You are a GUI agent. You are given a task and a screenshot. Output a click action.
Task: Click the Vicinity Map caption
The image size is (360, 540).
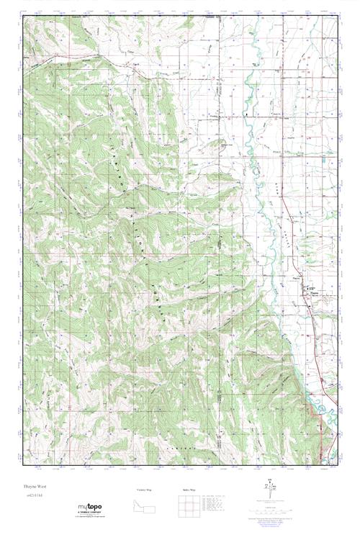(x=144, y=489)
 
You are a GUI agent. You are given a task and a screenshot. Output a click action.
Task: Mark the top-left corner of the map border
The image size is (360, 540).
(x=23, y=17)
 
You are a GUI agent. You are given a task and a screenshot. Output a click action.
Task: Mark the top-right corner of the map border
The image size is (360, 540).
(x=339, y=17)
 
